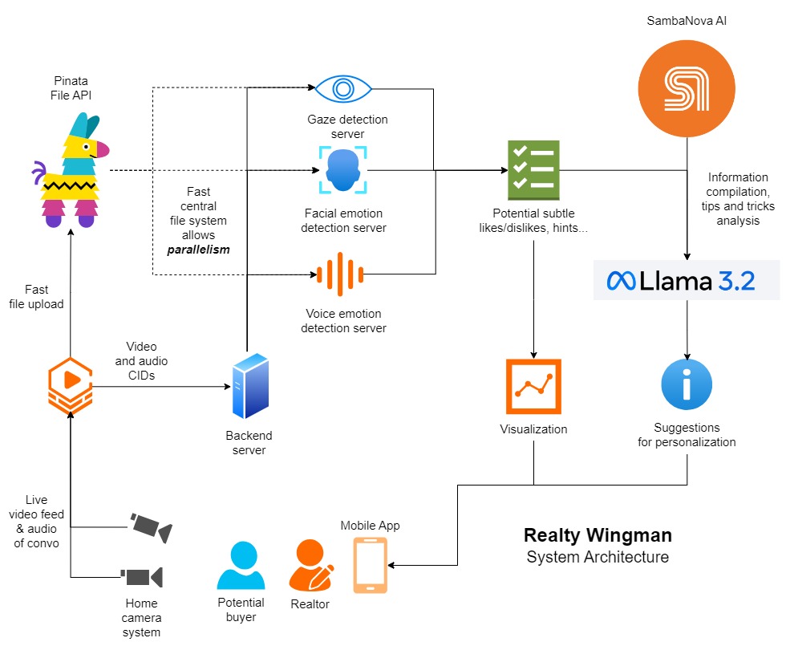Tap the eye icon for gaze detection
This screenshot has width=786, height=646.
tap(343, 87)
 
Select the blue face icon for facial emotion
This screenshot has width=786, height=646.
tap(343, 170)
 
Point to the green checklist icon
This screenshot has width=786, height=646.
tap(533, 170)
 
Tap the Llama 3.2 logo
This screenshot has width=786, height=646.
tap(686, 280)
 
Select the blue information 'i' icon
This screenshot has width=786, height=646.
tap(687, 384)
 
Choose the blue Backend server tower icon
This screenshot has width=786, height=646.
tap(249, 386)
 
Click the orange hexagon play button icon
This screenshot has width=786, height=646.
tap(70, 386)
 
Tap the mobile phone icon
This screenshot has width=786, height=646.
tap(370, 565)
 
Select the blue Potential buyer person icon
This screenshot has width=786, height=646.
tap(241, 565)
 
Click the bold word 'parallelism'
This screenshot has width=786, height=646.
tap(198, 250)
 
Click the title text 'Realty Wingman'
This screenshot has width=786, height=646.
tap(598, 535)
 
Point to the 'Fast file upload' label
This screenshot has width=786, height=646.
tap(37, 297)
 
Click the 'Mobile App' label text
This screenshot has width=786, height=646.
tap(370, 526)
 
